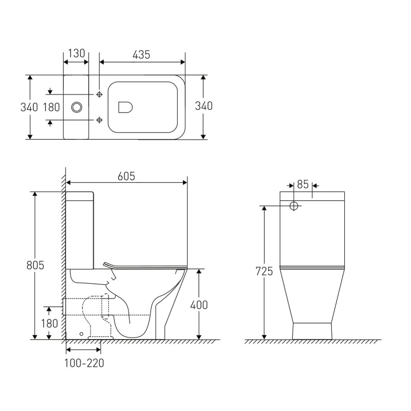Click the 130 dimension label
tap(77, 53)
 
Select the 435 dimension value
tap(141, 55)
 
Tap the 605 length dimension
tap(126, 176)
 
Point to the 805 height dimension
tap(35, 265)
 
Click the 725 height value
tap(264, 271)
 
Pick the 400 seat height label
tap(199, 305)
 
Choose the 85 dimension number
tap(303, 184)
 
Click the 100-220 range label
tap(84, 363)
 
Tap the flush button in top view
tap(77, 107)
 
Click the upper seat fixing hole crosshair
tap(99, 95)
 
